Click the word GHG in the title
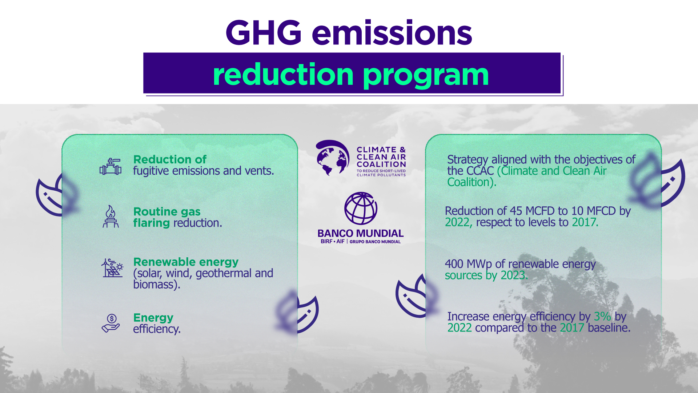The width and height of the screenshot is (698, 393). click(264, 33)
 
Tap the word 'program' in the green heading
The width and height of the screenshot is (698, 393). click(426, 76)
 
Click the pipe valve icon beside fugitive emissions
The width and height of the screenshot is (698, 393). click(111, 167)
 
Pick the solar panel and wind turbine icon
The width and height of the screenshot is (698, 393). click(112, 268)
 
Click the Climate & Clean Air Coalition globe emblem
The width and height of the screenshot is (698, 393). click(332, 158)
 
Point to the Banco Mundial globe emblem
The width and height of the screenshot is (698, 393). click(361, 208)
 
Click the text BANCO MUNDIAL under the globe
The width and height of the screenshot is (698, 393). click(361, 233)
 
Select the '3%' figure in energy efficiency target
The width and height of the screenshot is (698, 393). click(602, 317)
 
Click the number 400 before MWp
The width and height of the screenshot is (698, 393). click(454, 264)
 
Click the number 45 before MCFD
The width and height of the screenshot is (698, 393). click(516, 211)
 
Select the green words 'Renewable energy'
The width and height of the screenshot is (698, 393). click(186, 262)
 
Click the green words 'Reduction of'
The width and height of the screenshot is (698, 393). click(170, 159)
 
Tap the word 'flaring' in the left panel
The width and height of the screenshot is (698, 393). click(152, 223)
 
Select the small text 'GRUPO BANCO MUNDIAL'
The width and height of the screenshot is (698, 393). click(375, 242)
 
